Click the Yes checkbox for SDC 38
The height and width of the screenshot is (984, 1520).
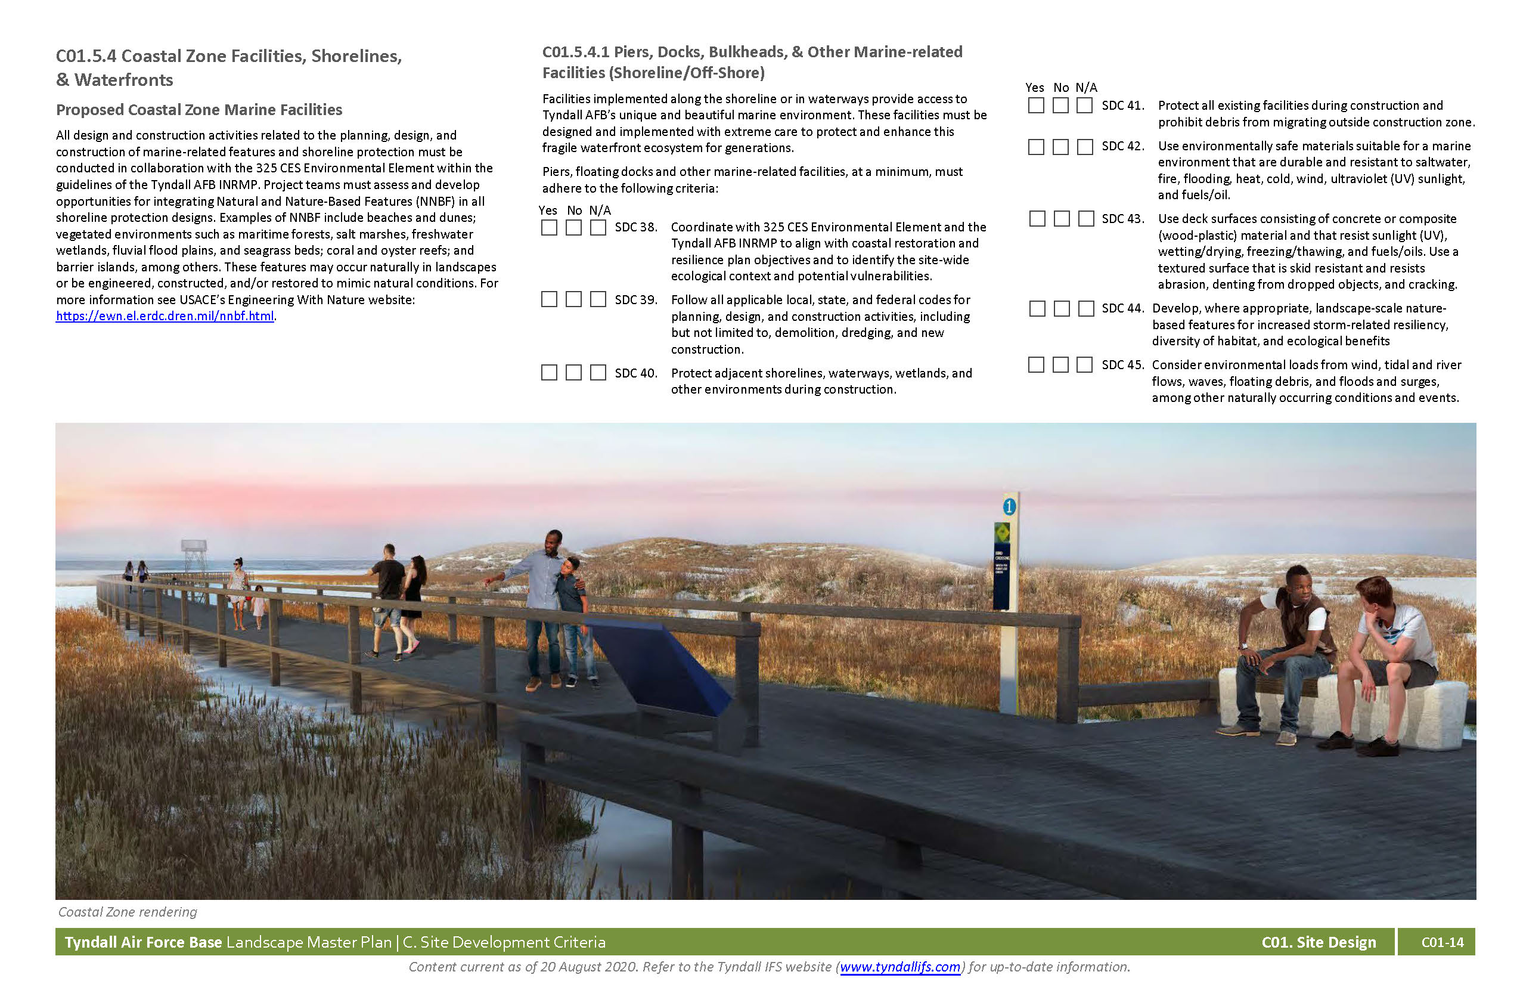[548, 227]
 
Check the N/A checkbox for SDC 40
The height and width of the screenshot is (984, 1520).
[598, 373]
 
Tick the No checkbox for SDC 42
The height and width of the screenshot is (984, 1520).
[1060, 147]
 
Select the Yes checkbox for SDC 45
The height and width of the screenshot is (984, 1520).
[1036, 365]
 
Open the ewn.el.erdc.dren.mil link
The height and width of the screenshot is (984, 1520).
[165, 315]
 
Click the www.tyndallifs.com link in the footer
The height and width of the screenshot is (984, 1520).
[899, 967]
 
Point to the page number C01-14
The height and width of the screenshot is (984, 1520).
[1442, 942]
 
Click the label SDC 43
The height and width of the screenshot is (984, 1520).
[1122, 218]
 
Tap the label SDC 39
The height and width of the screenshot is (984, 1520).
[635, 299]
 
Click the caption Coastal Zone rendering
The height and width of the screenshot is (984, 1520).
[128, 912]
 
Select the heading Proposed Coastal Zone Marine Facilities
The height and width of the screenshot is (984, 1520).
[198, 110]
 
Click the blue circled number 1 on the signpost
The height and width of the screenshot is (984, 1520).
[1009, 508]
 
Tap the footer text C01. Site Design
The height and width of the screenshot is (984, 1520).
[1318, 942]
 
